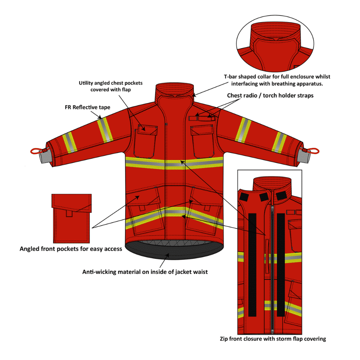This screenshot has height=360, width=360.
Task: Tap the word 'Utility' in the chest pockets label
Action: pos(86,83)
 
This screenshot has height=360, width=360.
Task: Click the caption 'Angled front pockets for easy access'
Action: pos(71,249)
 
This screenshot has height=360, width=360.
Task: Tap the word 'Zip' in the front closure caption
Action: pos(225,339)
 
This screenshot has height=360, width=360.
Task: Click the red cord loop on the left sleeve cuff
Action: pos(35,151)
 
